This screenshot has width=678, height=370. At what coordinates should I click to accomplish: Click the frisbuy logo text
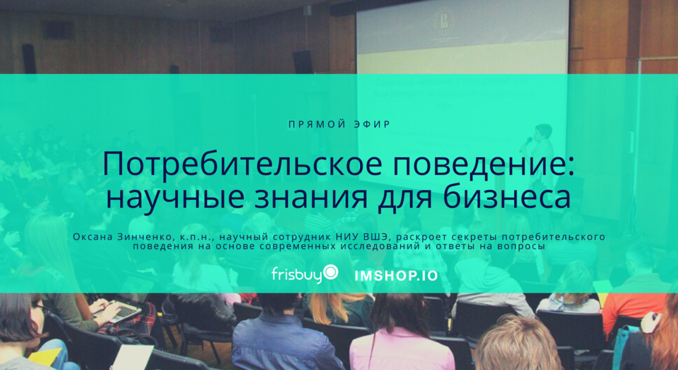(x=298, y=274)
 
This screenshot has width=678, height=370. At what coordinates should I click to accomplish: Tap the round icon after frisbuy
(x=331, y=272)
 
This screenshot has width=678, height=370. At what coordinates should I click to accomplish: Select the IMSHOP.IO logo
(x=396, y=276)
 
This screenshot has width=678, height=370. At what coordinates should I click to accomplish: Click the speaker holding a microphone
(x=541, y=156)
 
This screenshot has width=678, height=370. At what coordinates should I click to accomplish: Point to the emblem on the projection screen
(x=444, y=22)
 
